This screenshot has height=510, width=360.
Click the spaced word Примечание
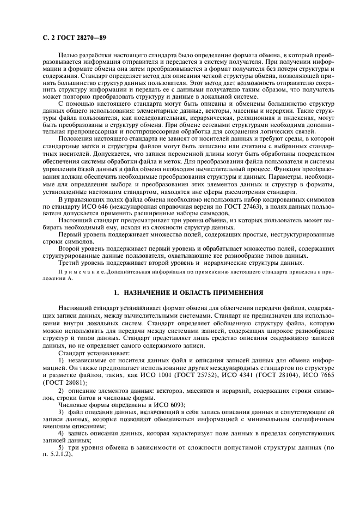79,270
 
